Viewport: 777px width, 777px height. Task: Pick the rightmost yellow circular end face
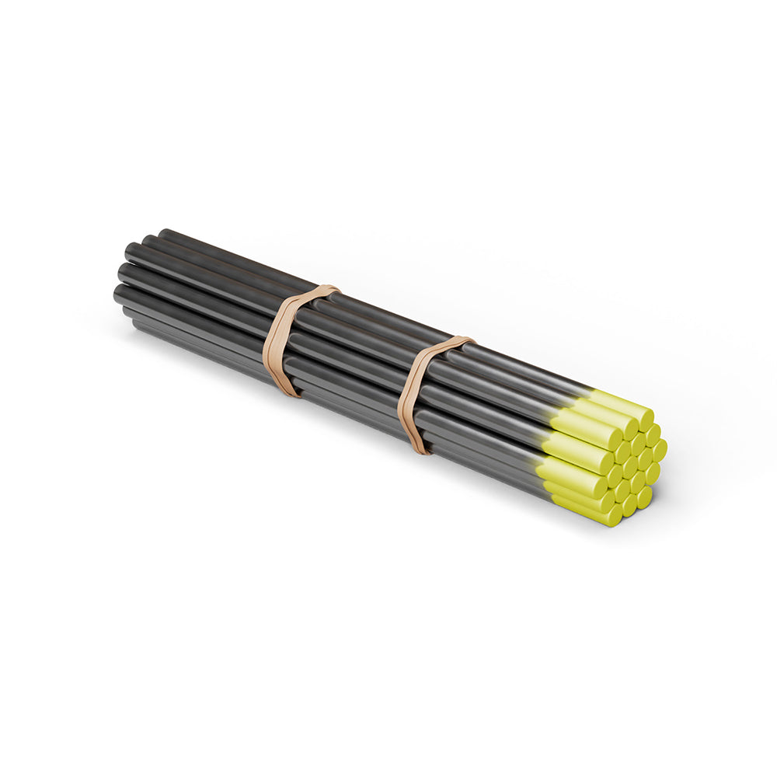(x=660, y=450)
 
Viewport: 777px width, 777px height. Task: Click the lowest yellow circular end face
(x=614, y=515)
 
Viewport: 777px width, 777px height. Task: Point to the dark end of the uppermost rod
(x=164, y=234)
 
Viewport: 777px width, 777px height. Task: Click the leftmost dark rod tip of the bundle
(x=119, y=294)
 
